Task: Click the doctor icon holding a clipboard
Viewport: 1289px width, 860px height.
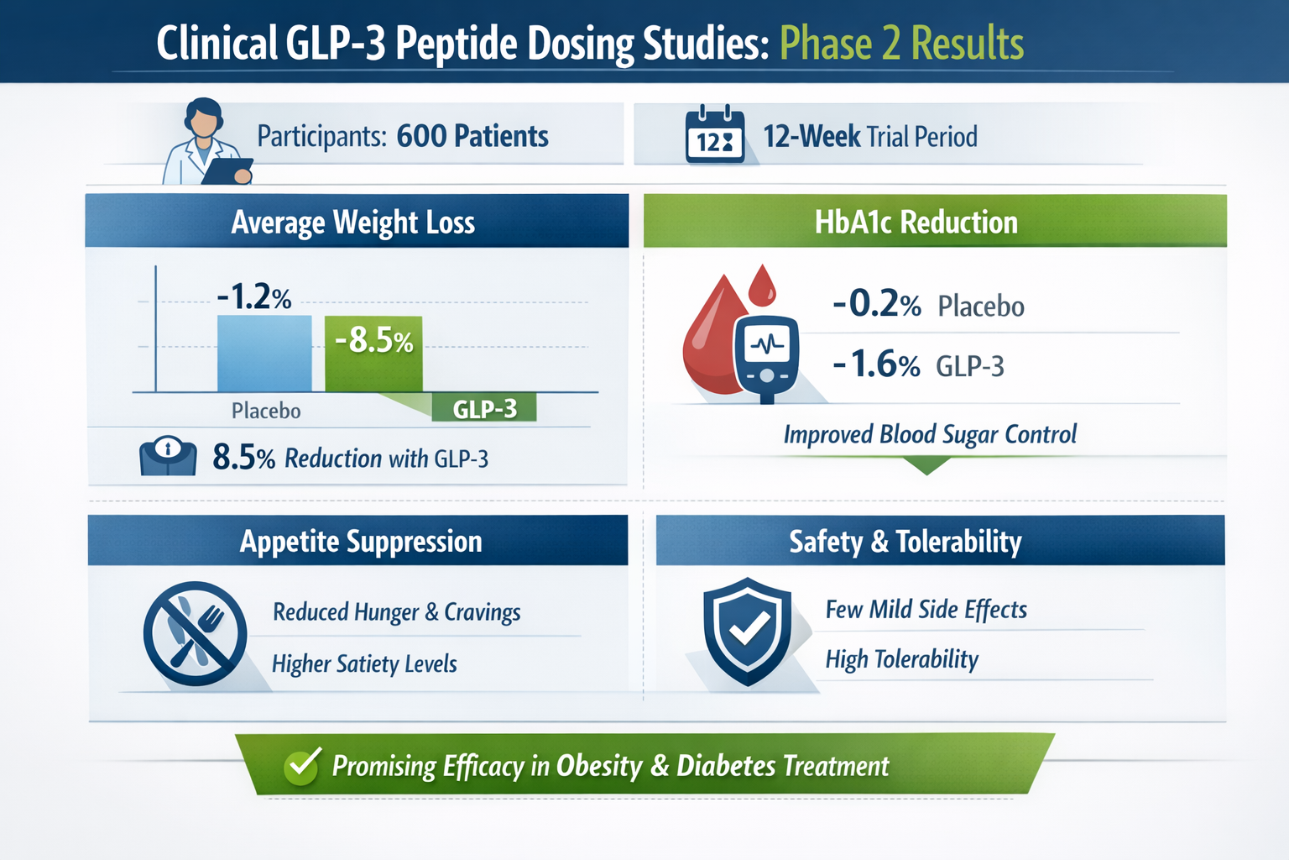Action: click(206, 143)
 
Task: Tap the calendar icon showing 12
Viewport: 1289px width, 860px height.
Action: click(714, 135)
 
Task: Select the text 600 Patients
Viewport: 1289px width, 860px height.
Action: click(472, 136)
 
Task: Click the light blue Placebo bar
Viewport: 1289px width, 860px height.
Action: click(264, 354)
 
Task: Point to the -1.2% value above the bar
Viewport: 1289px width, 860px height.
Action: click(253, 297)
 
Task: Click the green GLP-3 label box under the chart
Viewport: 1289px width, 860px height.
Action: click(484, 409)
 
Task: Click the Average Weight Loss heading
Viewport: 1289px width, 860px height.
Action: click(353, 223)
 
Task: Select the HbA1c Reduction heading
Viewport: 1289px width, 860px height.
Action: click(916, 223)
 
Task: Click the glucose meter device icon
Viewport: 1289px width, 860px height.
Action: click(766, 357)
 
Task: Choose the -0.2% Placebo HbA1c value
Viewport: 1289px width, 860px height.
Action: click(876, 304)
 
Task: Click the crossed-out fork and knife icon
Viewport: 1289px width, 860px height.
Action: click(195, 633)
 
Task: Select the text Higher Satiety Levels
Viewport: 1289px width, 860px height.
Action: click(364, 664)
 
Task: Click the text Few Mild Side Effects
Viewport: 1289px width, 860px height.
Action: click(926, 610)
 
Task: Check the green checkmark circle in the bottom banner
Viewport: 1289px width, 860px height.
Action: click(302, 765)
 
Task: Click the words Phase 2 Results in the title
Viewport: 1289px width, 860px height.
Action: click(901, 44)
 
